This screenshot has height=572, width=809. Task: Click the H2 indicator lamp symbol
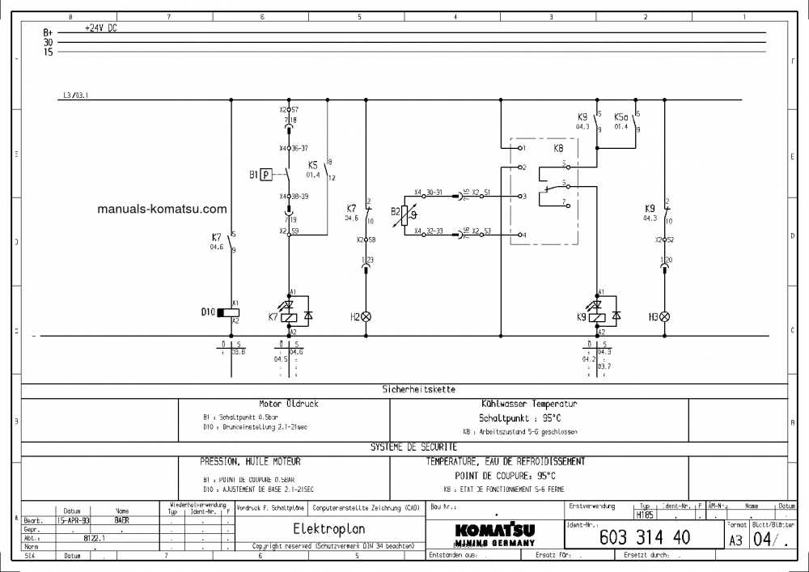pyautogui.click(x=366, y=316)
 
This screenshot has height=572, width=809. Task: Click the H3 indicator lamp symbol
pyautogui.click(x=665, y=316)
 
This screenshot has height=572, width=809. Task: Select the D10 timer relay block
pyautogui.click(x=231, y=311)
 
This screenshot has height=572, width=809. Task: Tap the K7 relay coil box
pyautogui.click(x=290, y=317)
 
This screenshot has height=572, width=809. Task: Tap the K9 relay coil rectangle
pyautogui.click(x=599, y=317)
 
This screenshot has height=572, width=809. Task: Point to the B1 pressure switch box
pyautogui.click(x=266, y=174)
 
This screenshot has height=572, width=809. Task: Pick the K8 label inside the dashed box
pyautogui.click(x=558, y=149)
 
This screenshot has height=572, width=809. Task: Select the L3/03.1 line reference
pyautogui.click(x=74, y=95)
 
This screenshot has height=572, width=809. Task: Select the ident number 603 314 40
pyautogui.click(x=644, y=537)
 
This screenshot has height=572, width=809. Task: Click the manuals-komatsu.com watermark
pyautogui.click(x=162, y=209)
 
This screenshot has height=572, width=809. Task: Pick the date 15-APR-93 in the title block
pyautogui.click(x=74, y=521)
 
